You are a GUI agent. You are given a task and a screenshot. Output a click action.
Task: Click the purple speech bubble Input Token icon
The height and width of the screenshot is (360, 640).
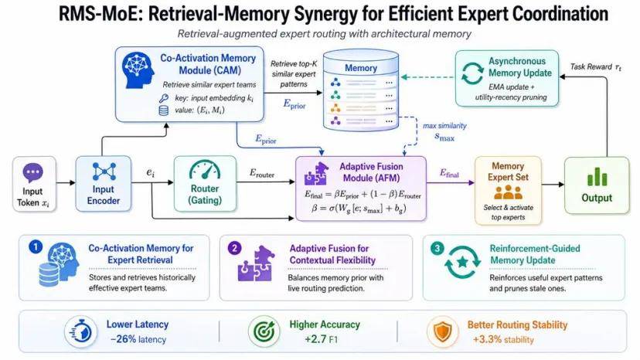pos(32,173)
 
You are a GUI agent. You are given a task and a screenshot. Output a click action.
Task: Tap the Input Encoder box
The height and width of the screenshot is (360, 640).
pos(104,184)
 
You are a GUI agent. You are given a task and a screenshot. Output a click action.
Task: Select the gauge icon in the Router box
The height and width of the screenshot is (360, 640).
pos(205,170)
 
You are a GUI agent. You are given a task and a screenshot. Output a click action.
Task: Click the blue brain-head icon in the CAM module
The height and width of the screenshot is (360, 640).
pos(138,71)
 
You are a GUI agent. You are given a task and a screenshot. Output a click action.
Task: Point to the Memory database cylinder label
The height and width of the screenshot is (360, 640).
pos(361,68)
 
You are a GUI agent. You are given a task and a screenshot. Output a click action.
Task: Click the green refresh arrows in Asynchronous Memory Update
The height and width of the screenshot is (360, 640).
pos(472,74)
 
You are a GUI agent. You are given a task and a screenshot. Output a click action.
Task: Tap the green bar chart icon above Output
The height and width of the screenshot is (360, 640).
pos(597,177)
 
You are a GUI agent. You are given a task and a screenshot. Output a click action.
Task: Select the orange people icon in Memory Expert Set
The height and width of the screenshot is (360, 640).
pos(508,192)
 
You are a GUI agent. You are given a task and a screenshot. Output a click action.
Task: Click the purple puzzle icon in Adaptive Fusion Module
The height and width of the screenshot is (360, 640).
pos(317,174)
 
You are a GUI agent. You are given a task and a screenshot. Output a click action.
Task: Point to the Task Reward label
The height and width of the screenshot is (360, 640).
pos(595,67)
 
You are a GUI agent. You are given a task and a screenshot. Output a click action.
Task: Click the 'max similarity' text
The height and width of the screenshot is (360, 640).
pos(444,126)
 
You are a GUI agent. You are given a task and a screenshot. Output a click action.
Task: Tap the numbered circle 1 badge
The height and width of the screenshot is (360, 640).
pos(36,247)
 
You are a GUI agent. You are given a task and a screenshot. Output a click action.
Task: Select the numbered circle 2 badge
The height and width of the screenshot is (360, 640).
pos(235,248)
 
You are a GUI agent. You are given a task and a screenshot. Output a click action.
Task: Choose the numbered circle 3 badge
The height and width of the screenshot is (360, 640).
pos(437,248)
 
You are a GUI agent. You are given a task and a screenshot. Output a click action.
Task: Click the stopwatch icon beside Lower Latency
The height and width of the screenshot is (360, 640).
pos(81,331)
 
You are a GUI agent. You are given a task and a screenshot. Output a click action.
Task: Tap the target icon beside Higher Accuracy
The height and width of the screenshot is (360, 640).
pos(264,331)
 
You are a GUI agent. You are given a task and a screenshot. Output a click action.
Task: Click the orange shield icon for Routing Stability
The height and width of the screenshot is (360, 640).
pos(442,331)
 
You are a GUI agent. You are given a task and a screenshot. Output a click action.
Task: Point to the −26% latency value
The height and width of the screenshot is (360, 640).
pos(138,339)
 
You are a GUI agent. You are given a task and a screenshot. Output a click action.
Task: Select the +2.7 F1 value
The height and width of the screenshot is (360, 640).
pos(322,339)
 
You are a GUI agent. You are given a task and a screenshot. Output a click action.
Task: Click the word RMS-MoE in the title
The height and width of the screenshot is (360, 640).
pos(100,14)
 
